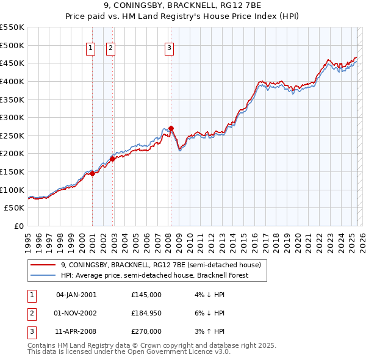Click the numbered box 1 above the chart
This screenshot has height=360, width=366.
[x=91, y=48]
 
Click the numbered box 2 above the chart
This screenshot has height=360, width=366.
[x=110, y=48]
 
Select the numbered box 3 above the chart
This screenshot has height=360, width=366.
[x=169, y=48]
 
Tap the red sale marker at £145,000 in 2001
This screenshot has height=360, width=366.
[x=93, y=173]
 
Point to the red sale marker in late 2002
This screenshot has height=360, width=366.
[x=113, y=159]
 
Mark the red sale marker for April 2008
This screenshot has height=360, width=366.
[x=171, y=128]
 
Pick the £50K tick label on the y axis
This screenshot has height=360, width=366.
[x=15, y=208]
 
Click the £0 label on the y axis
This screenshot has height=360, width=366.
[x=19, y=226]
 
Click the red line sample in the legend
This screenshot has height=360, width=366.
[x=43, y=265]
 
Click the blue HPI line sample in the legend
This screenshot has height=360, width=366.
[x=43, y=275]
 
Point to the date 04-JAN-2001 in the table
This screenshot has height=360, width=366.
[x=76, y=295]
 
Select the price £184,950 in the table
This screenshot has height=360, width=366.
[x=146, y=313]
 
